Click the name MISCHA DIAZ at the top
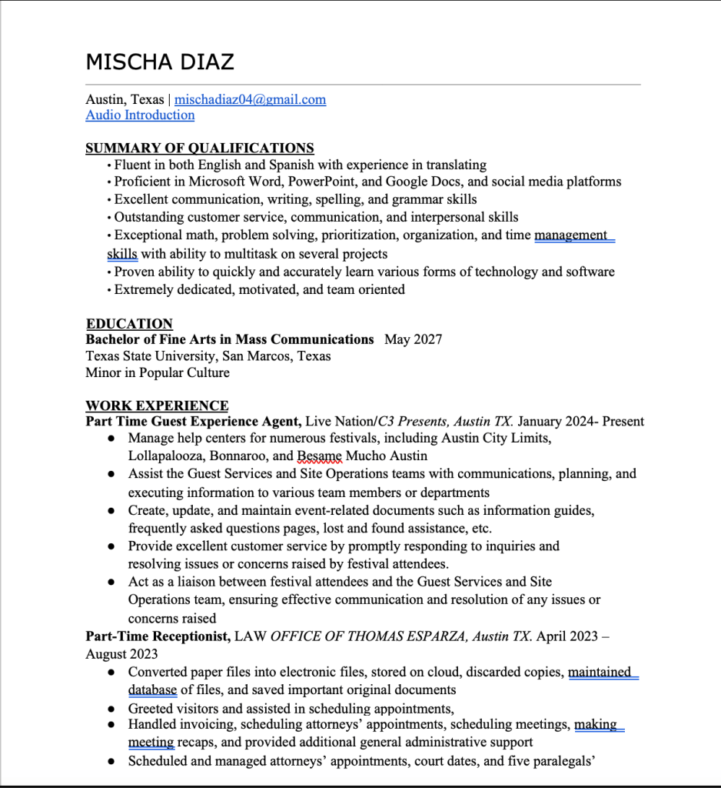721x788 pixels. (x=160, y=62)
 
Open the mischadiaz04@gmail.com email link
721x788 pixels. (x=250, y=99)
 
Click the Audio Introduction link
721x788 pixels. (x=140, y=115)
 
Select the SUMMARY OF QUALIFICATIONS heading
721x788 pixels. (x=200, y=148)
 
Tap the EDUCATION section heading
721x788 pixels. (x=129, y=324)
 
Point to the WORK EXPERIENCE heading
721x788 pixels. (x=157, y=406)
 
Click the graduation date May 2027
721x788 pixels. (x=414, y=339)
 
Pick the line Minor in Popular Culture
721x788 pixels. (x=158, y=372)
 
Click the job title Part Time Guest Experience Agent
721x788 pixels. (x=192, y=422)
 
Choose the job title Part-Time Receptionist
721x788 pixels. (x=158, y=637)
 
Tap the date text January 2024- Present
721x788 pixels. (x=580, y=422)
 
